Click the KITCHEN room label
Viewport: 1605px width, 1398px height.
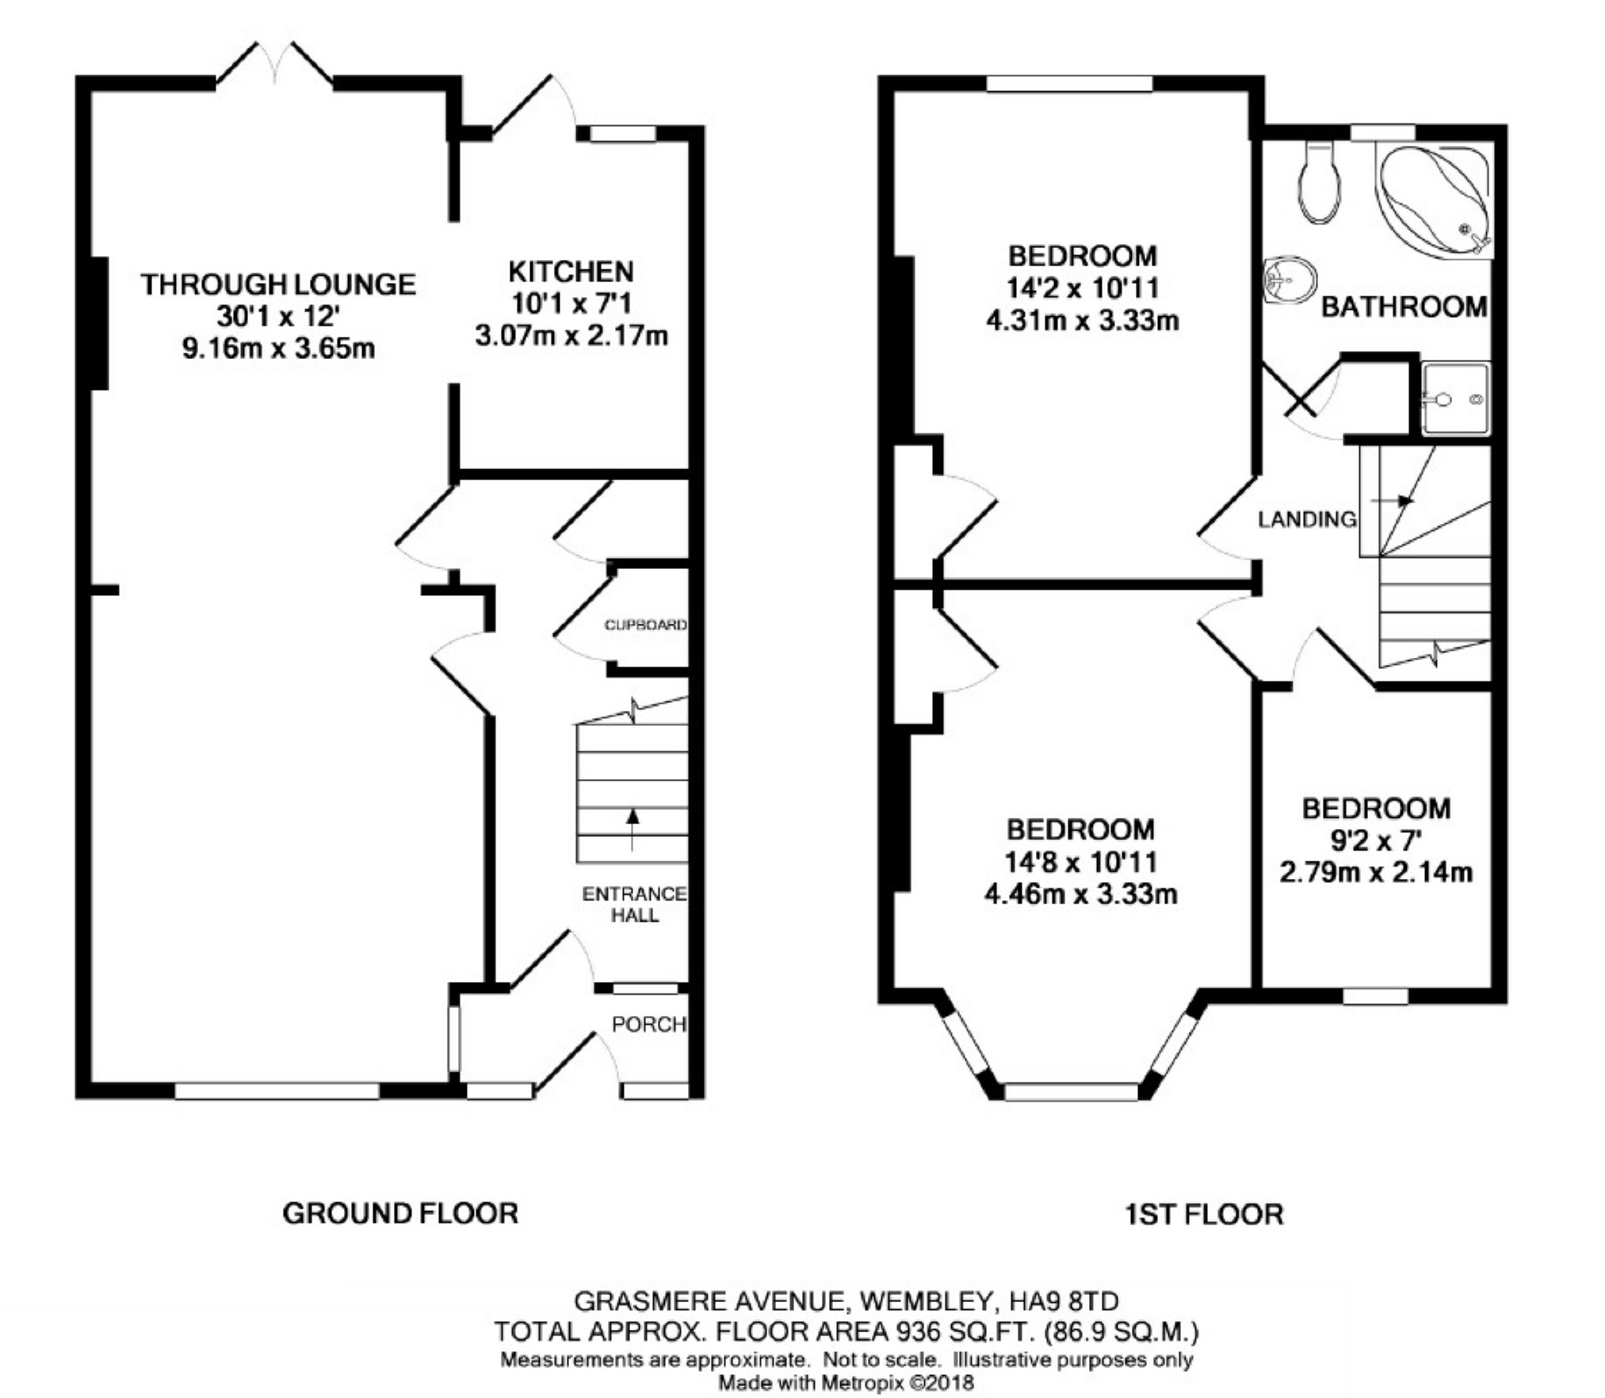click(x=571, y=272)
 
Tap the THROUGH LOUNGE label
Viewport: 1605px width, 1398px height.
click(x=278, y=284)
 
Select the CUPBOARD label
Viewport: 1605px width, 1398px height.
click(x=645, y=625)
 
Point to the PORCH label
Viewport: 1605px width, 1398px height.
click(x=648, y=1024)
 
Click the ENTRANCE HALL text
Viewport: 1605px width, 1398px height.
click(x=634, y=904)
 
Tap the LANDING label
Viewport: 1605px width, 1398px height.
click(x=1308, y=519)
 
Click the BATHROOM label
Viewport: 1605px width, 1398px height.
click(x=1404, y=307)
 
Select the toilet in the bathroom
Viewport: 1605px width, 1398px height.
click(x=1320, y=183)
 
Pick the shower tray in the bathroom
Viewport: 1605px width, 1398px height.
click(x=1455, y=399)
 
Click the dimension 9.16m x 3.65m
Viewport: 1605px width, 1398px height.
click(x=278, y=348)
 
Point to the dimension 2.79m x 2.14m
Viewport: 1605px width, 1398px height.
click(x=1376, y=872)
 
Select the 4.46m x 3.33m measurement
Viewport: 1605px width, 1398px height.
click(x=1080, y=894)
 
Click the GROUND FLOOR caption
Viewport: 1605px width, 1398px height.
click(x=400, y=1213)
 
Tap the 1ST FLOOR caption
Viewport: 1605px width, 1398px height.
click(x=1204, y=1213)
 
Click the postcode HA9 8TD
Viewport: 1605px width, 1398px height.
click(x=1064, y=1301)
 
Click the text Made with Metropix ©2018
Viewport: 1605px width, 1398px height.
click(x=846, y=1382)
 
